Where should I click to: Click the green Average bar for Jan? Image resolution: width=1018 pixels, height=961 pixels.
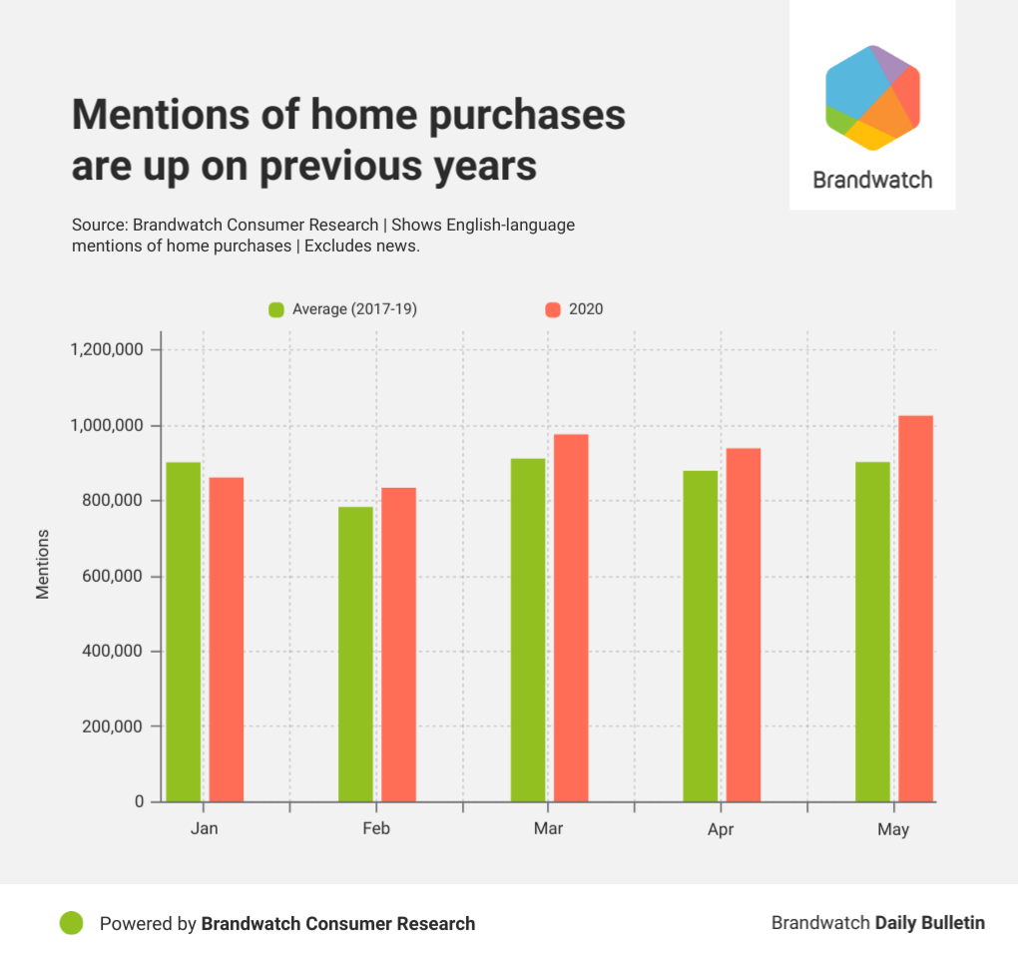pyautogui.click(x=183, y=632)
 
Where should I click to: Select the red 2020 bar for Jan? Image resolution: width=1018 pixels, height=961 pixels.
pyautogui.click(x=227, y=640)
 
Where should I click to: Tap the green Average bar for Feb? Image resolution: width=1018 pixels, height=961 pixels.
pyautogui.click(x=355, y=654)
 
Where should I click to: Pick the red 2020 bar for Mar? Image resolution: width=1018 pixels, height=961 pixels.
pyautogui.click(x=571, y=618)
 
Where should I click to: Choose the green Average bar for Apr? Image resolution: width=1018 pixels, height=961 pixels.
pyautogui.click(x=700, y=636)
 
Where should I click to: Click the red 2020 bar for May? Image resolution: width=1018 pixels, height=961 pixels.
pyautogui.click(x=915, y=609)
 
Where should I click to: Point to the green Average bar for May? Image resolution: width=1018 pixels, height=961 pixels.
pyautogui.click(x=872, y=632)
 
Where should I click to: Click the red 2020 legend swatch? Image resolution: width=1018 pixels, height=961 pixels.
pyautogui.click(x=553, y=309)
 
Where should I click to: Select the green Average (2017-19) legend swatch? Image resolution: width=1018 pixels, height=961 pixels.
pyautogui.click(x=276, y=309)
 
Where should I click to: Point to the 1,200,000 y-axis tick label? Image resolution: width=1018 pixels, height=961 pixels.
pyautogui.click(x=108, y=350)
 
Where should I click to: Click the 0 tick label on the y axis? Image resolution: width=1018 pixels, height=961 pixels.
pyautogui.click(x=140, y=802)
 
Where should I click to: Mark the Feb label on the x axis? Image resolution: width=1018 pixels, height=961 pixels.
pyautogui.click(x=376, y=829)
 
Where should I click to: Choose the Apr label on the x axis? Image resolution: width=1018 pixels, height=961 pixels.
pyautogui.click(x=721, y=830)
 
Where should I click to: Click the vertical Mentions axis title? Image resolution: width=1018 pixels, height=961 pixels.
pyautogui.click(x=43, y=577)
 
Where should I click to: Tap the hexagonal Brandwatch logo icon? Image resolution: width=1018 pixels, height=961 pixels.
pyautogui.click(x=872, y=97)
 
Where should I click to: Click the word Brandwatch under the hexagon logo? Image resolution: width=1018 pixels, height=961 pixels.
pyautogui.click(x=872, y=181)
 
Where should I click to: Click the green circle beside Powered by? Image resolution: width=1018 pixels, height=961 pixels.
pyautogui.click(x=71, y=923)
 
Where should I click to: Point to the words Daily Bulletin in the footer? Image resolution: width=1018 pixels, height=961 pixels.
pyautogui.click(x=929, y=923)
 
